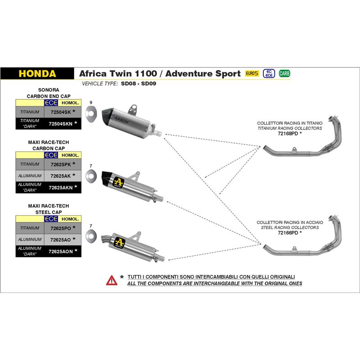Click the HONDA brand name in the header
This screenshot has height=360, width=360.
[x=37, y=73]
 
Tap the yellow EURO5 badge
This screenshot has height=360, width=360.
[x=252, y=73]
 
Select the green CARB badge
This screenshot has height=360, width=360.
[x=284, y=73]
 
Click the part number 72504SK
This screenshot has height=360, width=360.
[x=62, y=111]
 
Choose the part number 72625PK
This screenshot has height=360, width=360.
[x=62, y=164]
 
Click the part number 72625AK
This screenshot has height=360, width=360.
[x=62, y=175]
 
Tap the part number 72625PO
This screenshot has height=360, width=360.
[x=62, y=228]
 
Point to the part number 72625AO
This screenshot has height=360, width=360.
[x=62, y=239]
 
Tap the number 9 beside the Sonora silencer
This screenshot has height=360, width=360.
[x=91, y=102]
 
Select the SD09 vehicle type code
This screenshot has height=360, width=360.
[x=148, y=84]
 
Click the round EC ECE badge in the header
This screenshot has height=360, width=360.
[x=269, y=73]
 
